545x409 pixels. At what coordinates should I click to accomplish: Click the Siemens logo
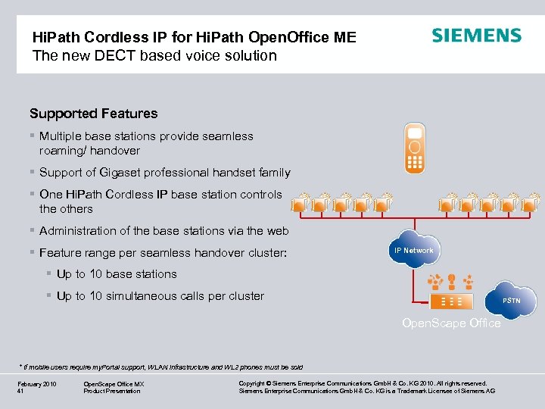[x=476, y=36]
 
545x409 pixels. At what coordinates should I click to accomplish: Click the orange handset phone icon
[x=414, y=145]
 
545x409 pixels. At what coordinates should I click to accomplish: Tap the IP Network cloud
[x=413, y=251]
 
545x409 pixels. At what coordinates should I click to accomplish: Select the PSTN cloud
[x=512, y=301]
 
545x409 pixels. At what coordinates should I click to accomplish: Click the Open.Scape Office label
[x=451, y=323]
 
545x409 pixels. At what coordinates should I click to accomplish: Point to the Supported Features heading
[x=93, y=114]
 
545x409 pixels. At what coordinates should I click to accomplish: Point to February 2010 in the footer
[x=36, y=385]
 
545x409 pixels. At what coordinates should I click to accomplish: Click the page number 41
[x=20, y=392]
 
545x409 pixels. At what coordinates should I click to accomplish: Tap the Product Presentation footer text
[x=111, y=392]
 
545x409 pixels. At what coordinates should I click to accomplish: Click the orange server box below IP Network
[x=451, y=301]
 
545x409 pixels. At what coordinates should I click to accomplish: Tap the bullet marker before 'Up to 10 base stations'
[x=48, y=274]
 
